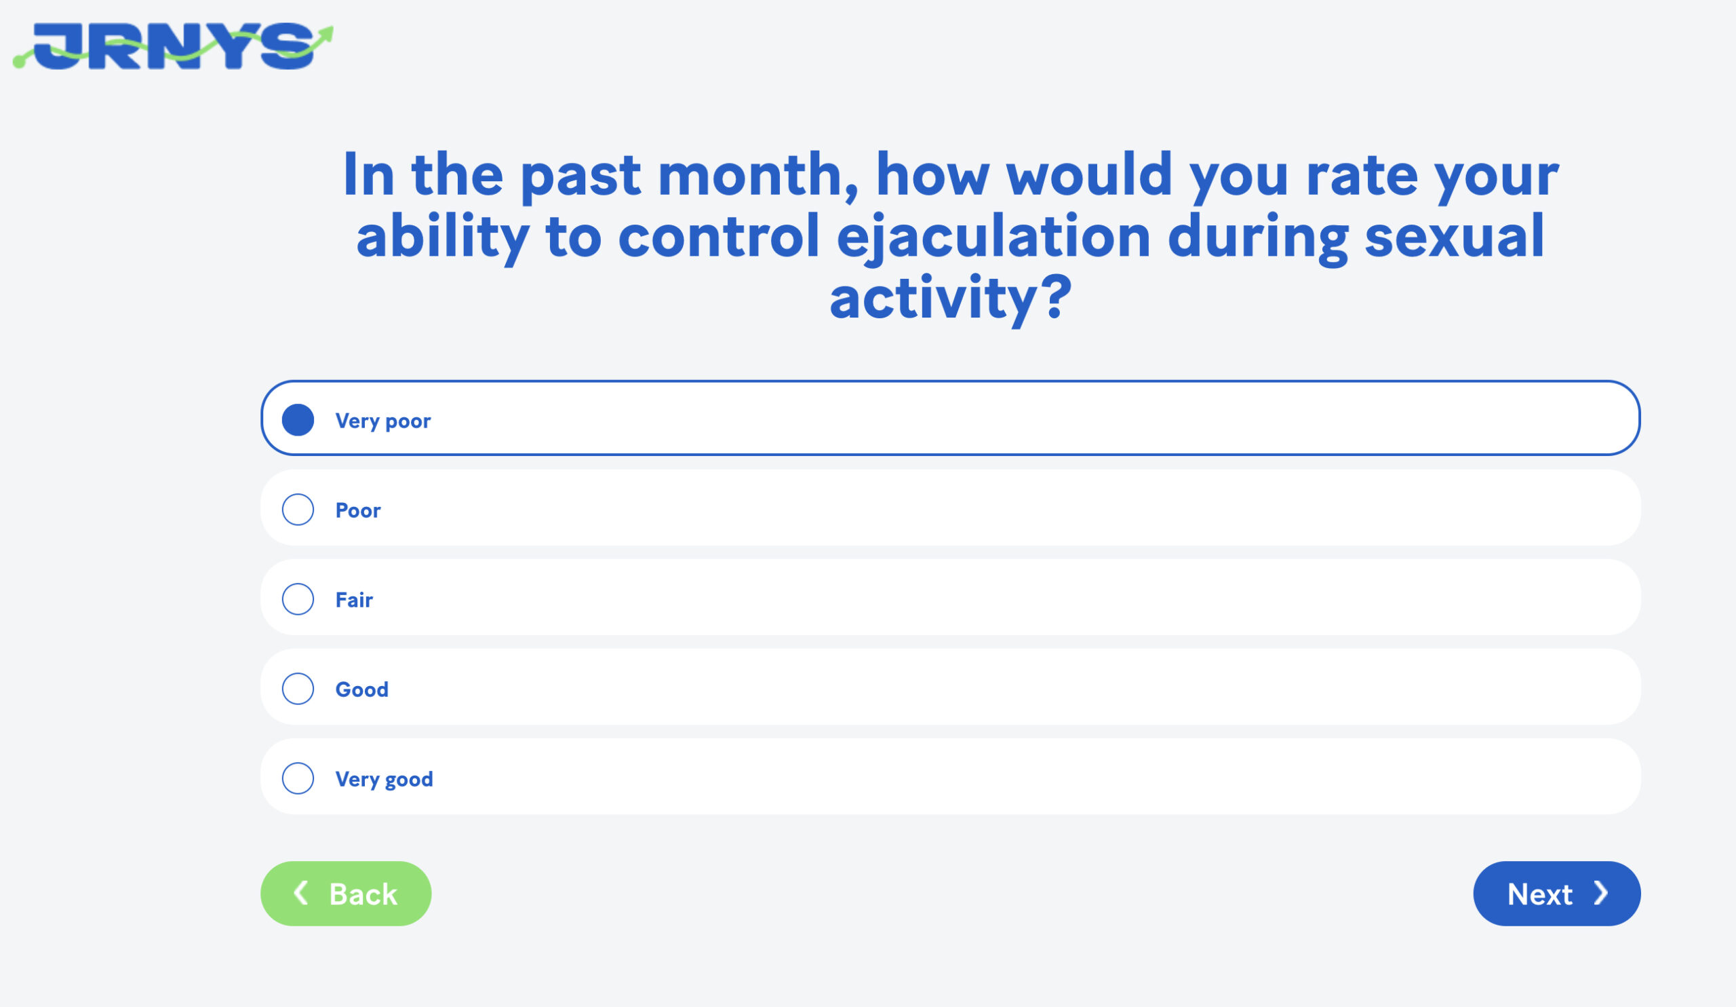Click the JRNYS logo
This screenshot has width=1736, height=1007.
[173, 46]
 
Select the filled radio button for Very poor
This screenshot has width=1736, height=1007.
[298, 420]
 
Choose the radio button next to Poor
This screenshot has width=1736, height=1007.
[298, 510]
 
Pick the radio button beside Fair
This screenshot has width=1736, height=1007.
[298, 599]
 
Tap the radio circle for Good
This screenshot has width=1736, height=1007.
[298, 689]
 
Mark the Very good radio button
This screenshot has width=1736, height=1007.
[298, 778]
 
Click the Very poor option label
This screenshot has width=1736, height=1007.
[383, 421]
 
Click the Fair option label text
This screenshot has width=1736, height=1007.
[354, 600]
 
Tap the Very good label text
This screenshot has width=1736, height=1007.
[384, 780]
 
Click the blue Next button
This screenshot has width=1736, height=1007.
[1557, 893]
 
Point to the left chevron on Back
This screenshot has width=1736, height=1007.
[300, 892]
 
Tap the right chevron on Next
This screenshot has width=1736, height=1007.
[1602, 892]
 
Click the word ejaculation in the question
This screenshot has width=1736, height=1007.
[993, 237]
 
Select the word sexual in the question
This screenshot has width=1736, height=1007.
[1455, 235]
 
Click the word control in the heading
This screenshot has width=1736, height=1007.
[719, 235]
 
